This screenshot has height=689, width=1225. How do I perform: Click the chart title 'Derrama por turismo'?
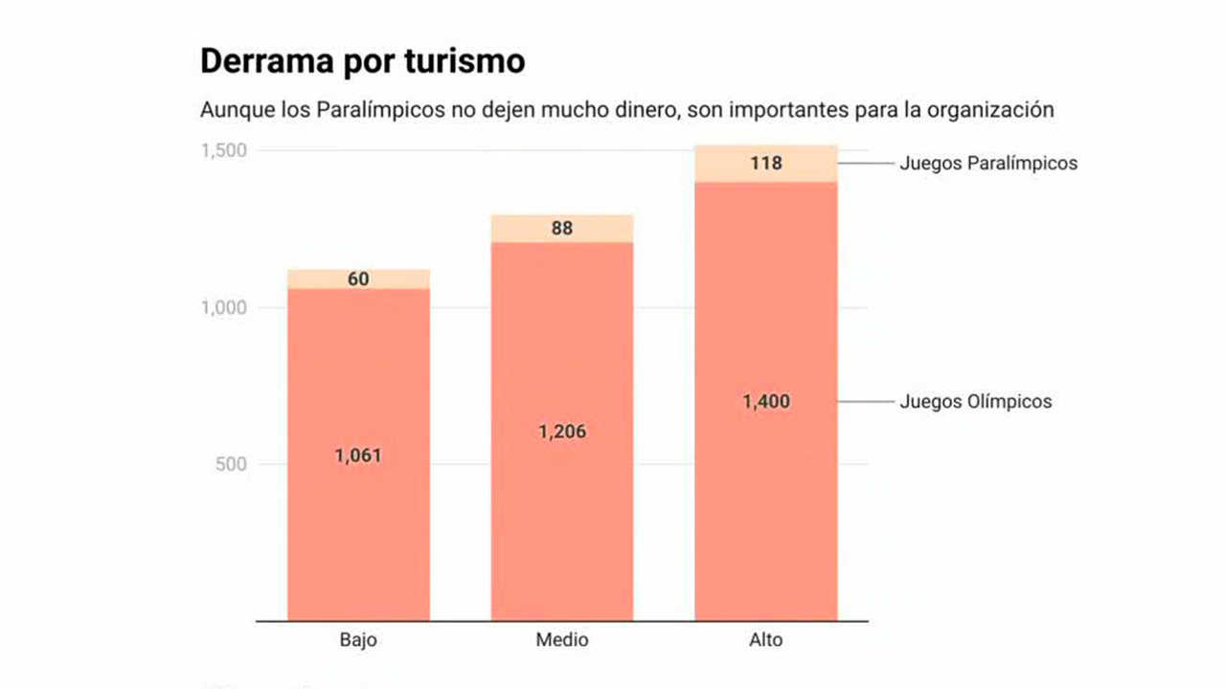(x=362, y=61)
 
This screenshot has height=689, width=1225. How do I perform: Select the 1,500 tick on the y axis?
(x=223, y=151)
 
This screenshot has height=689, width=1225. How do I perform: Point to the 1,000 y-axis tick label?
(x=223, y=308)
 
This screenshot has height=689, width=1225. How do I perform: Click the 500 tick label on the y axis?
(x=230, y=465)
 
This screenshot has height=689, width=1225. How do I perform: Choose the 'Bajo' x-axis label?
(x=358, y=640)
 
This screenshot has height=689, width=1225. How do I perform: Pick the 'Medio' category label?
(x=562, y=640)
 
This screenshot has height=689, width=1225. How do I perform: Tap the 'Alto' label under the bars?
(x=765, y=640)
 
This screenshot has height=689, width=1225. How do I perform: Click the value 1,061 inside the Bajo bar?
(x=358, y=456)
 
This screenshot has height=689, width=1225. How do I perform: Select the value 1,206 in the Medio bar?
(x=562, y=433)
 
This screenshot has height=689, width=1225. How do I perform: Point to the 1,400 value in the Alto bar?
(x=766, y=402)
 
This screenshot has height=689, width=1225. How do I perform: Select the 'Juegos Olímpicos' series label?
(x=975, y=402)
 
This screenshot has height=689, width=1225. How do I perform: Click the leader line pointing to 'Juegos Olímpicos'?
(x=866, y=402)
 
